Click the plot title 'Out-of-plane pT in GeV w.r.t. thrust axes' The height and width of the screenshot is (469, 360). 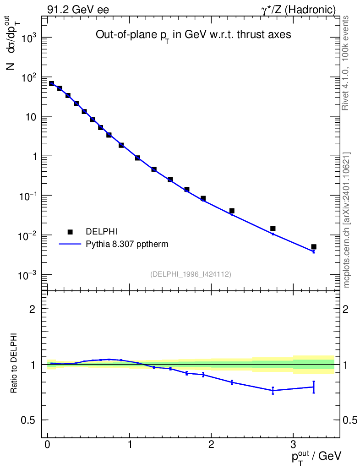click(x=193, y=35)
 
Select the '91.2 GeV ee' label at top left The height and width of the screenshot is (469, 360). click(x=78, y=10)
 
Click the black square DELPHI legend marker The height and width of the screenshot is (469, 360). click(x=70, y=232)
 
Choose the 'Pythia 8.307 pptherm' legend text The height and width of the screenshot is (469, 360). click(x=127, y=244)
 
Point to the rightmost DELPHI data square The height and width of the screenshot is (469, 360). click(x=314, y=247)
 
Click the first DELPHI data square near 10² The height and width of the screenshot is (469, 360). click(x=52, y=84)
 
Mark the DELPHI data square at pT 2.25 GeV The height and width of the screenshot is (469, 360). click(x=232, y=211)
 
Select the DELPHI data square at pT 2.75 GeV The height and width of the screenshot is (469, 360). click(x=273, y=228)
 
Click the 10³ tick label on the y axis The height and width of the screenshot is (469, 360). click(x=27, y=38)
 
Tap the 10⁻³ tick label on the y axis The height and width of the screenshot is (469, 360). click(x=27, y=275)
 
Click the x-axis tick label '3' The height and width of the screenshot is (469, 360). click(x=293, y=445)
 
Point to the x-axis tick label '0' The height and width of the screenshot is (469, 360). click(x=48, y=445)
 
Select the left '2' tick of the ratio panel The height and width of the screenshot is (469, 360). click(x=33, y=309)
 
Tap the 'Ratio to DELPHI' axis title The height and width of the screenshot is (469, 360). click(x=14, y=363)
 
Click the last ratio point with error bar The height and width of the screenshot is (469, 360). click(x=314, y=387)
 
